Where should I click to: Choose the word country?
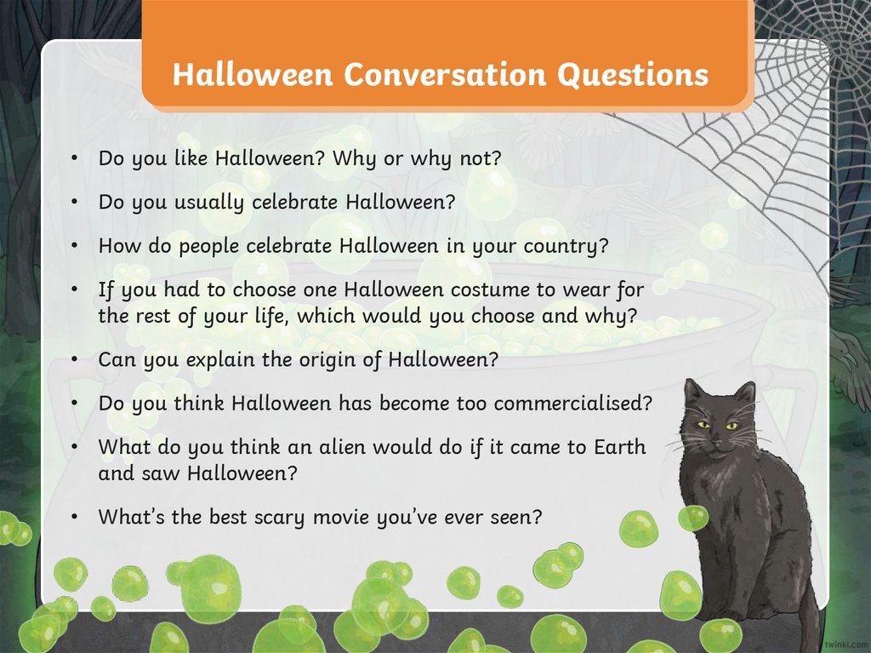coord(566,246)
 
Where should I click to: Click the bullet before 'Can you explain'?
coord(76,359)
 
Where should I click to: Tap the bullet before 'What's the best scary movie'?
coord(76,516)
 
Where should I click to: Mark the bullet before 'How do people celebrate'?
coord(76,246)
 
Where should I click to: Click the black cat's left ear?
coord(692,393)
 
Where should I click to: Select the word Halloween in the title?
coord(252,75)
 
